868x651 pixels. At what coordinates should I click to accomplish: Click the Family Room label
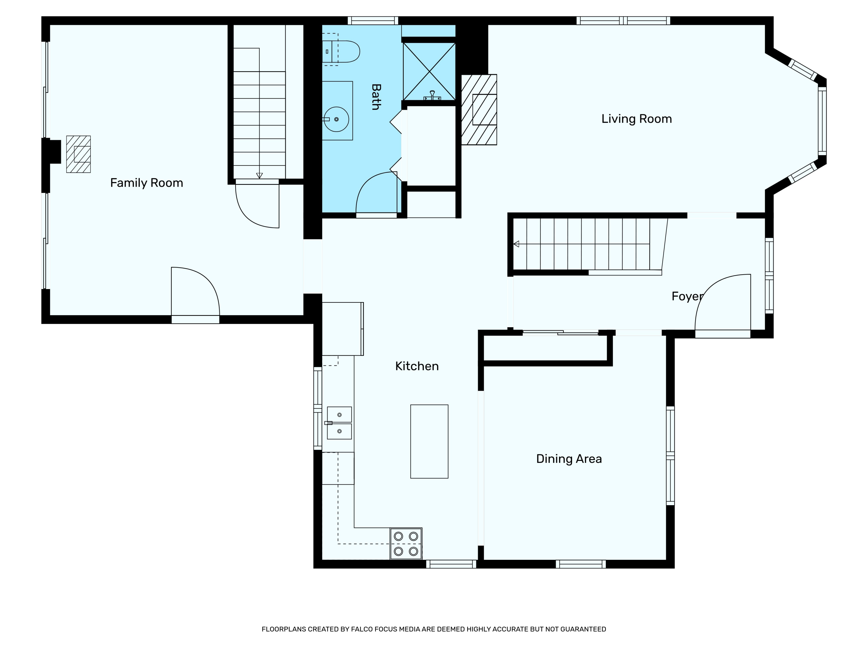146,183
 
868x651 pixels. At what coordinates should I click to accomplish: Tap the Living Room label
637,119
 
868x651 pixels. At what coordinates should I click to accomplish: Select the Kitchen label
417,366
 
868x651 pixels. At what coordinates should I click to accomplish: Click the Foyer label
687,296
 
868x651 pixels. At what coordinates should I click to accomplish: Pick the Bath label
376,97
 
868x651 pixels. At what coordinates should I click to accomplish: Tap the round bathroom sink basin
336,119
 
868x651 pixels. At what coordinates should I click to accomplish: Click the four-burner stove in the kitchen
406,543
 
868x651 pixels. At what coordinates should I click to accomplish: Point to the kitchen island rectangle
429,442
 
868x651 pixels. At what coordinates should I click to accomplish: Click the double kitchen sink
339,423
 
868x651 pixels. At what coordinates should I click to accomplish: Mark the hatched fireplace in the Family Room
78,154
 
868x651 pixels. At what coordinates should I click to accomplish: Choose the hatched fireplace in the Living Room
479,109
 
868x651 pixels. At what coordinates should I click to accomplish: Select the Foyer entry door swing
723,302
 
